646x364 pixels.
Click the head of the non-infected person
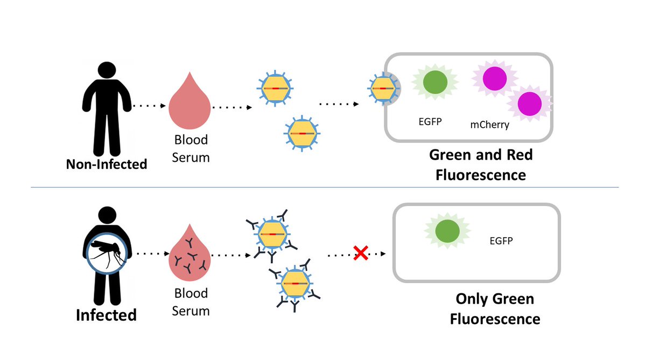click(107, 71)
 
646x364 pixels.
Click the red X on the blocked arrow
click(361, 253)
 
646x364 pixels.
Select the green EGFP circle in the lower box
click(447, 231)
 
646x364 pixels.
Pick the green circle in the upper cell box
click(435, 82)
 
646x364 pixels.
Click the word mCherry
click(490, 125)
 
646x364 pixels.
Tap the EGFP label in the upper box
click(430, 122)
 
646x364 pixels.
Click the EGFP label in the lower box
click(501, 241)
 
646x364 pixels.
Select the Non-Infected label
click(107, 164)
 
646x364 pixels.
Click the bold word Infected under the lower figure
click(106, 315)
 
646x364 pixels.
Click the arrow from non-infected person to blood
click(149, 106)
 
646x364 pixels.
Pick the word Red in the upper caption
click(519, 155)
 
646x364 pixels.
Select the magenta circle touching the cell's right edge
click(530, 104)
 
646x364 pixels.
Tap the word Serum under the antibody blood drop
click(191, 311)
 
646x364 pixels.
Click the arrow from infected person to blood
click(153, 253)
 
